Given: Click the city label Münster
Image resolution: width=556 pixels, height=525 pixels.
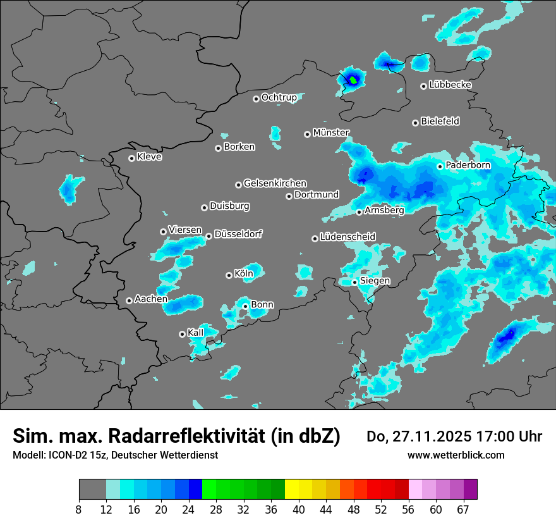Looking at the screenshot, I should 331,133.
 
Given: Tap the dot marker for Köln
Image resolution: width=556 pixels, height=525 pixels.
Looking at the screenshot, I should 229,275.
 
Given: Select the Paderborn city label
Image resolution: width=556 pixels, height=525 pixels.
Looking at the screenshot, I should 468,166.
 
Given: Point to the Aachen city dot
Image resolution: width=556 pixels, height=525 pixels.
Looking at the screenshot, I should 129,300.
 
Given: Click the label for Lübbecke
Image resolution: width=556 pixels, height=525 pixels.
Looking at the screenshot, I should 450,85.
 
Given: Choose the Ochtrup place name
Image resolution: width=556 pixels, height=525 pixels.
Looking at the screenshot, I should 279,97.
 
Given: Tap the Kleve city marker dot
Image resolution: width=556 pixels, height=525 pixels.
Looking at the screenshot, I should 131,158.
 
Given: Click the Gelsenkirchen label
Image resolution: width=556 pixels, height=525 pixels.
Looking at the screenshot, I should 275,183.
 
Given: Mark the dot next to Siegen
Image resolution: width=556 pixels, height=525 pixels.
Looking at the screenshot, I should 354,282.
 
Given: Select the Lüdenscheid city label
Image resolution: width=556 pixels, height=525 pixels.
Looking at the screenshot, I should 347,237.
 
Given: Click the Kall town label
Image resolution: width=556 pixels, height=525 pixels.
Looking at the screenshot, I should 196,333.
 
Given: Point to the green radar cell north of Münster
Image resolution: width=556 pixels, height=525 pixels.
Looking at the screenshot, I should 353,80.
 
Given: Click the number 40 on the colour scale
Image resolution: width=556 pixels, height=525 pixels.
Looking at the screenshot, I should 299,509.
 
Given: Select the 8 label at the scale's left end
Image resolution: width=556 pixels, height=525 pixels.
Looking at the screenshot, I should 79,509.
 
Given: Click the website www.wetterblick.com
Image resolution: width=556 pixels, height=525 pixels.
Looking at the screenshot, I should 456,455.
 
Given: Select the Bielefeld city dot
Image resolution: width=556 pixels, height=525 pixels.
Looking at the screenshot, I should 415,123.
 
